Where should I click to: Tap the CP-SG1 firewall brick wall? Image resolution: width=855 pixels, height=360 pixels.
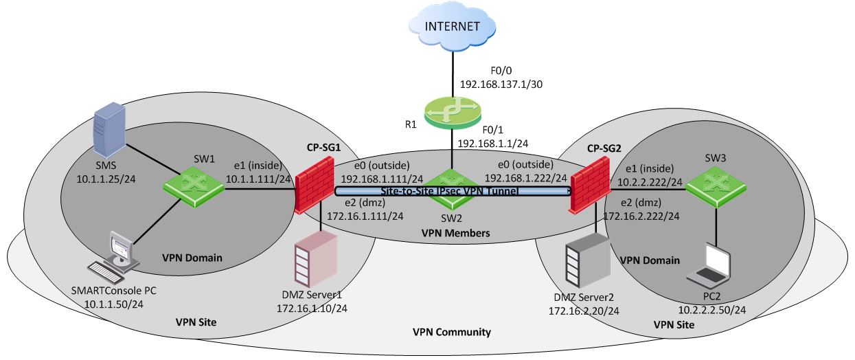point(315,183)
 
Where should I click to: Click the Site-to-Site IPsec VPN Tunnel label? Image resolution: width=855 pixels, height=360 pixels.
point(449,190)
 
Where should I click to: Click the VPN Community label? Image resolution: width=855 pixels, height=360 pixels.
point(451,333)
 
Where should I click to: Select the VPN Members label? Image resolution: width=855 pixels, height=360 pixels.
point(455,234)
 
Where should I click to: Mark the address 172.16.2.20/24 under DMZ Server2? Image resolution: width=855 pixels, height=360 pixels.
point(583,311)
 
